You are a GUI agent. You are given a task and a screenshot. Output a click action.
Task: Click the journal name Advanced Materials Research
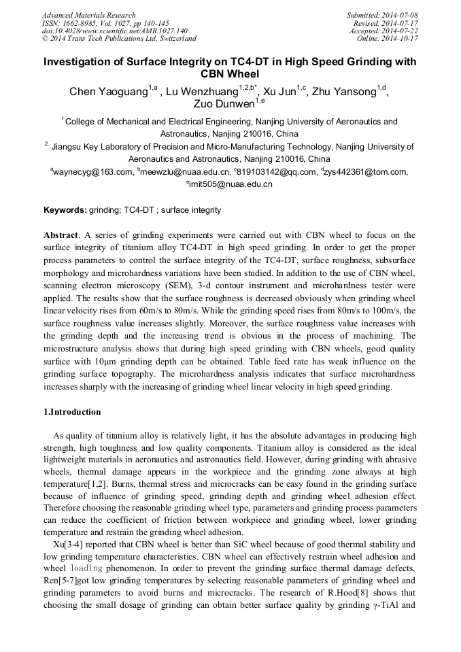[x=88, y=15]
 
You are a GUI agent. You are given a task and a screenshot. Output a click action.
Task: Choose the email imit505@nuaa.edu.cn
[x=232, y=184]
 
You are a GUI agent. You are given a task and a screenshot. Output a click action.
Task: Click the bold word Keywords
[x=65, y=210]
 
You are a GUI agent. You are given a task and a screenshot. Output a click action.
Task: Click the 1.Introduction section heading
[x=72, y=411]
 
